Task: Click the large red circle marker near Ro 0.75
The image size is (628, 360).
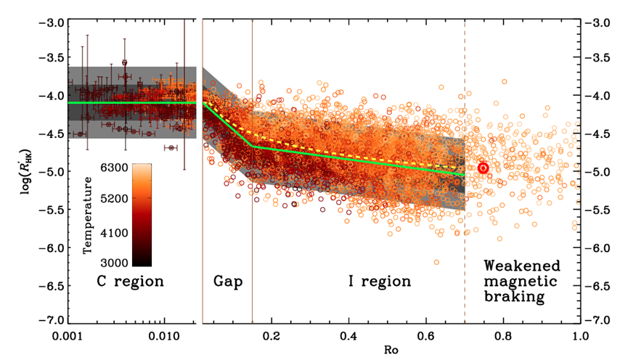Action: tap(483, 168)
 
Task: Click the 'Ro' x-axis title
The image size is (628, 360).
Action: tap(391, 350)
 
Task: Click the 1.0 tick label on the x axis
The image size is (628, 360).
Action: tap(579, 337)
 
